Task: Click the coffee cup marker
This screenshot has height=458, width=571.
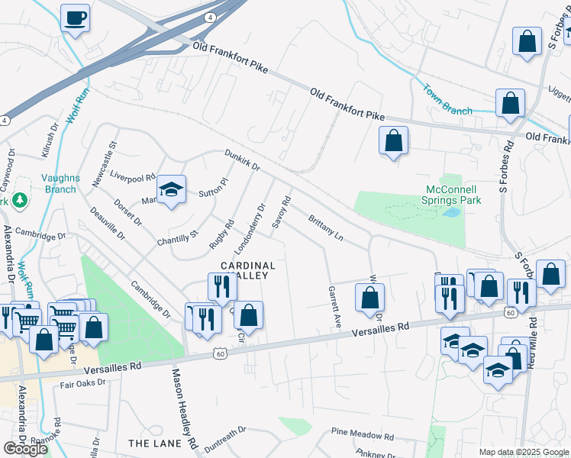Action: (x=75, y=18)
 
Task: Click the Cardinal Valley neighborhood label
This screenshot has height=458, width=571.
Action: (x=248, y=271)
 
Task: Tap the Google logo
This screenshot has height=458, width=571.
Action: (x=25, y=449)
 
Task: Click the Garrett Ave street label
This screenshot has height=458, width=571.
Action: (x=334, y=306)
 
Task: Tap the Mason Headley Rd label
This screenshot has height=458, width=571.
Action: (x=185, y=408)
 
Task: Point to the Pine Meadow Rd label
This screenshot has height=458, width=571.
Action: (x=363, y=436)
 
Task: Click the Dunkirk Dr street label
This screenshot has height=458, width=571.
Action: (x=243, y=160)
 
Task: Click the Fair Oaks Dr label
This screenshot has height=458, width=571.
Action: (x=85, y=384)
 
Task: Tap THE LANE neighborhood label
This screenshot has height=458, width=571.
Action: (x=155, y=443)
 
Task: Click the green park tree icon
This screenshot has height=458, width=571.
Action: (x=19, y=201)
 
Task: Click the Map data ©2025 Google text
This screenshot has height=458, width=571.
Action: (x=524, y=451)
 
